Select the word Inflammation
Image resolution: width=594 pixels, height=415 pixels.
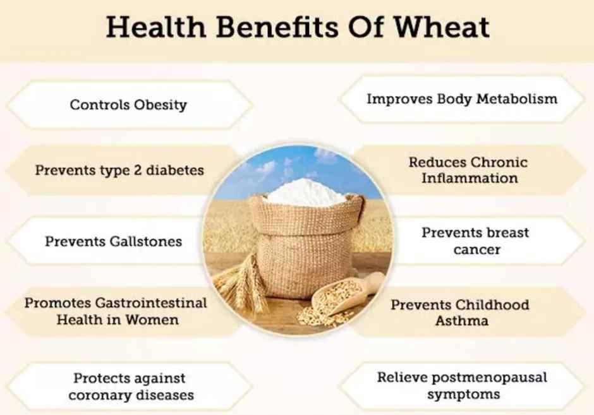tap(470, 179)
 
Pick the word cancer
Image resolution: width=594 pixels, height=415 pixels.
tap(476, 250)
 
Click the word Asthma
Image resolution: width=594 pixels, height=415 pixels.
tap(461, 321)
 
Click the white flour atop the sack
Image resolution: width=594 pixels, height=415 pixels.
tap(305, 190)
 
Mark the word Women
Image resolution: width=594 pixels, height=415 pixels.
tap(152, 320)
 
